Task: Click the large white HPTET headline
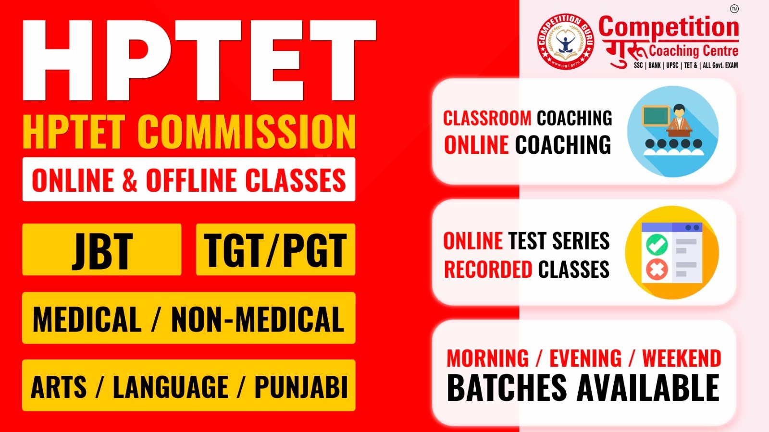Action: tap(199, 60)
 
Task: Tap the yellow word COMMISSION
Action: tap(247, 132)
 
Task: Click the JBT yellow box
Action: tap(102, 249)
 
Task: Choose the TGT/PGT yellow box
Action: tap(276, 249)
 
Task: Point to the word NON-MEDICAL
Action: tap(258, 319)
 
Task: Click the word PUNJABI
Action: tap(301, 387)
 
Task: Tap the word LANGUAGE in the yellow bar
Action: tap(171, 387)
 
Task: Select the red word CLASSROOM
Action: tap(487, 118)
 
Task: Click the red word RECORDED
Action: tap(488, 269)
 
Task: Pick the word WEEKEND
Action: tap(682, 358)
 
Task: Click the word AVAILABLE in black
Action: tap(648, 388)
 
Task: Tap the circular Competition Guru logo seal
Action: tap(566, 41)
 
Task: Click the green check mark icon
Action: tap(657, 245)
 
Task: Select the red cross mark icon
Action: tap(657, 270)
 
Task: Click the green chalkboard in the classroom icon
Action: tap(656, 116)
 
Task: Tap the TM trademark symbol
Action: tap(734, 9)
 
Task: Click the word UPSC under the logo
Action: tap(672, 65)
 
